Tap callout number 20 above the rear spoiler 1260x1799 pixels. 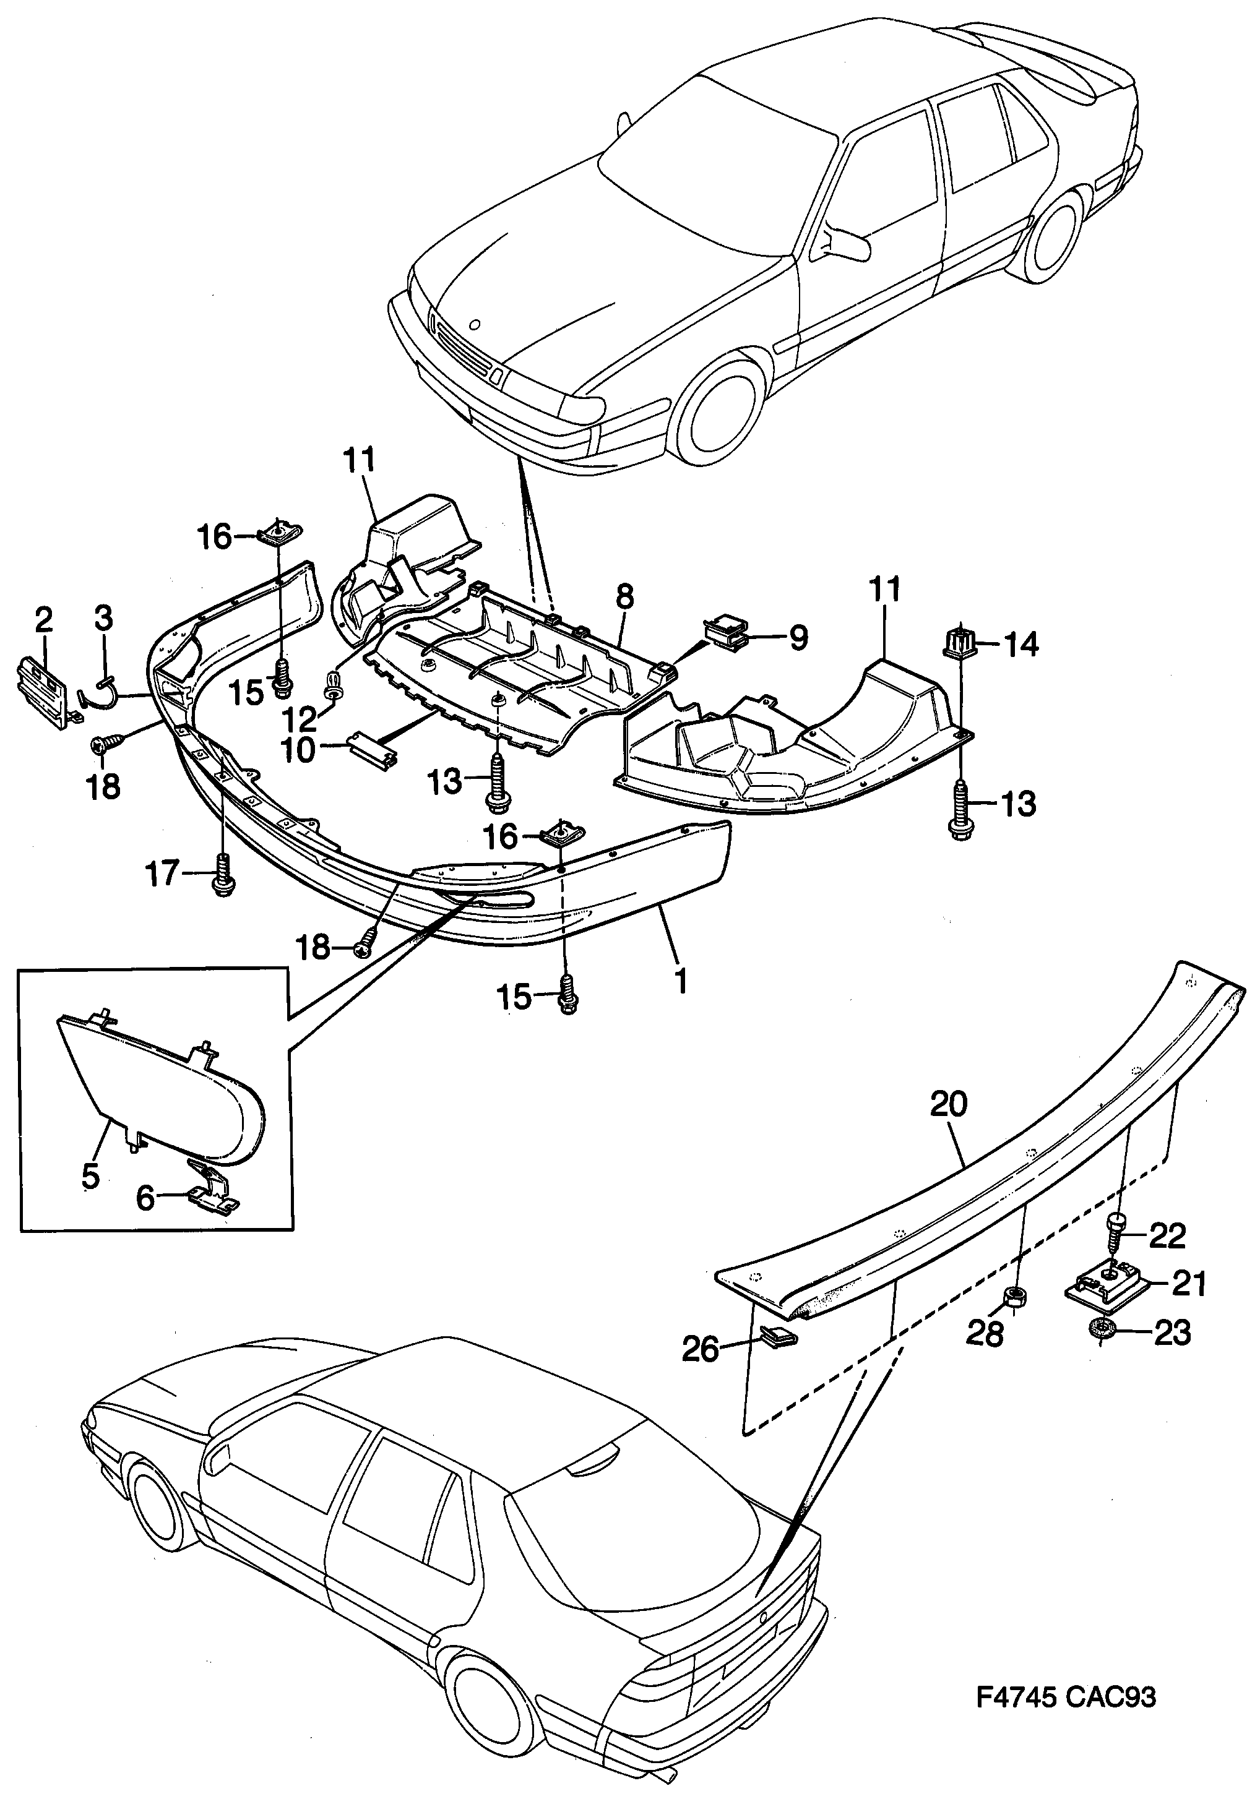click(x=949, y=1105)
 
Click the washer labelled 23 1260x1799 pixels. click(x=1105, y=1329)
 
